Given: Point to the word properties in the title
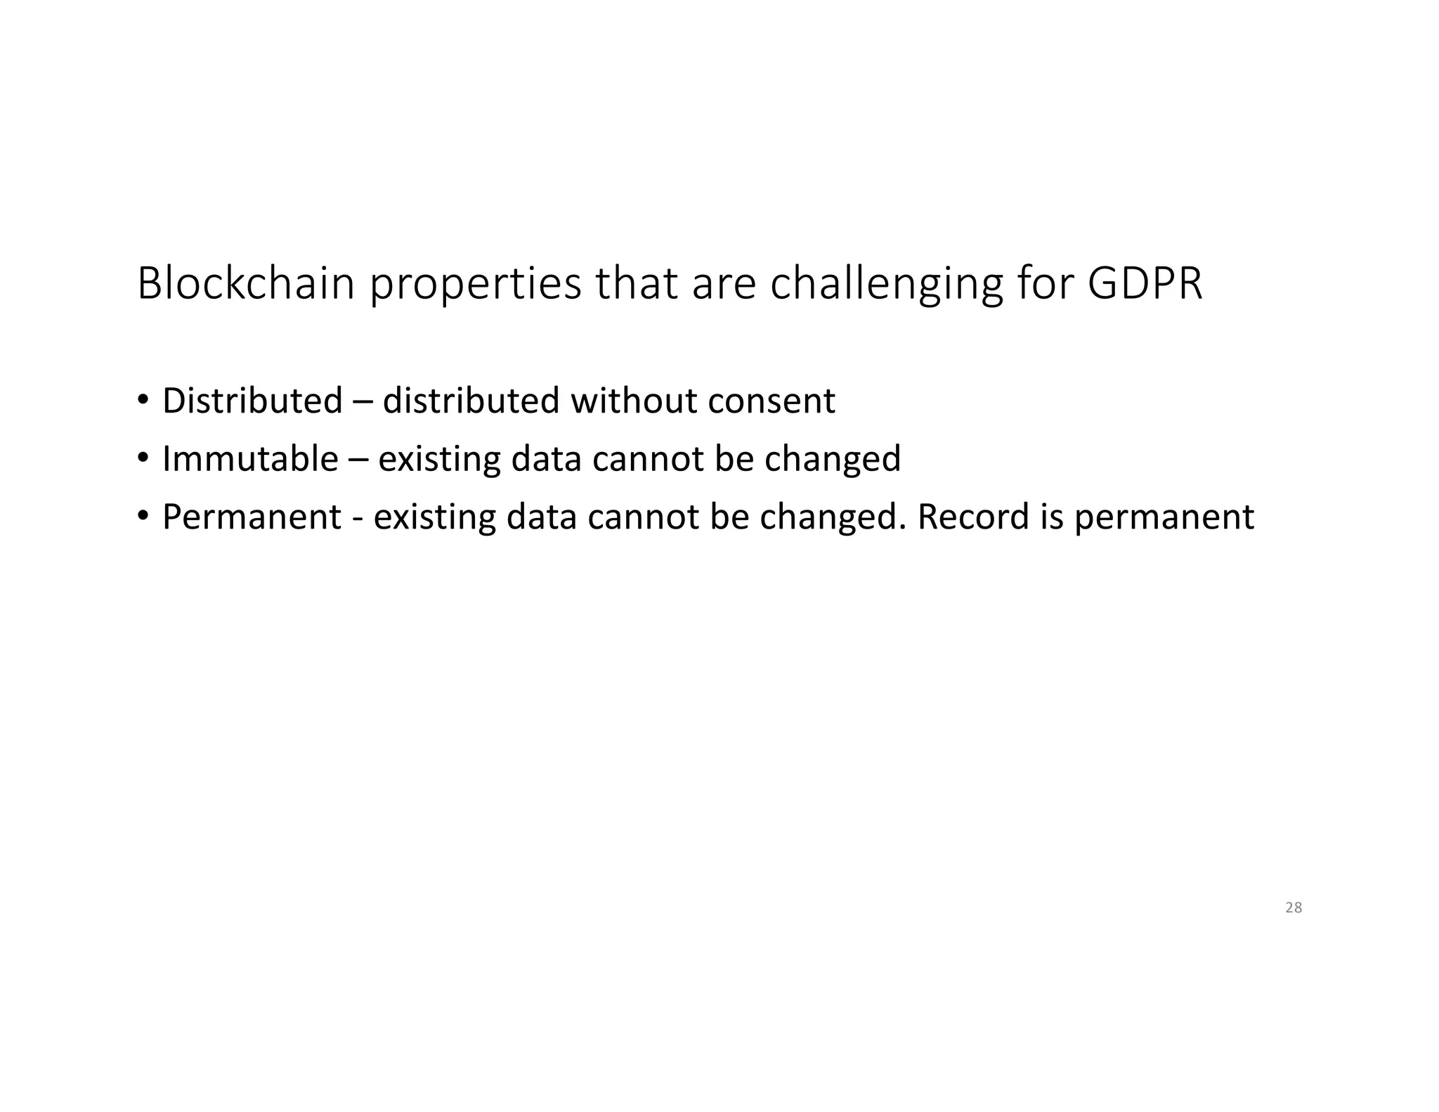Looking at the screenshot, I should click(475, 285).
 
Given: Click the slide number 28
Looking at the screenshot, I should click(1294, 907).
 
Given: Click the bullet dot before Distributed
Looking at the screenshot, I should click(143, 401).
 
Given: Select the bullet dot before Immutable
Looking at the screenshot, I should click(143, 458).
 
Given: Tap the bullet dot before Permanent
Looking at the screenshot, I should click(143, 517).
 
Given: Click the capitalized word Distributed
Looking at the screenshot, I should click(252, 401).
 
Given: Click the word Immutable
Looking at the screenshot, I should click(250, 458).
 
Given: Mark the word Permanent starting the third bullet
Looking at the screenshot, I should click(252, 517).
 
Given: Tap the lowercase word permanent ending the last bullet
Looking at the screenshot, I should click(1164, 518).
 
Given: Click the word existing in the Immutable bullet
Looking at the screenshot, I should click(438, 459).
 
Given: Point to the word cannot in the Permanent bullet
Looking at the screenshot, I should click(642, 517).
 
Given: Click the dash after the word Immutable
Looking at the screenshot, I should click(358, 460).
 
